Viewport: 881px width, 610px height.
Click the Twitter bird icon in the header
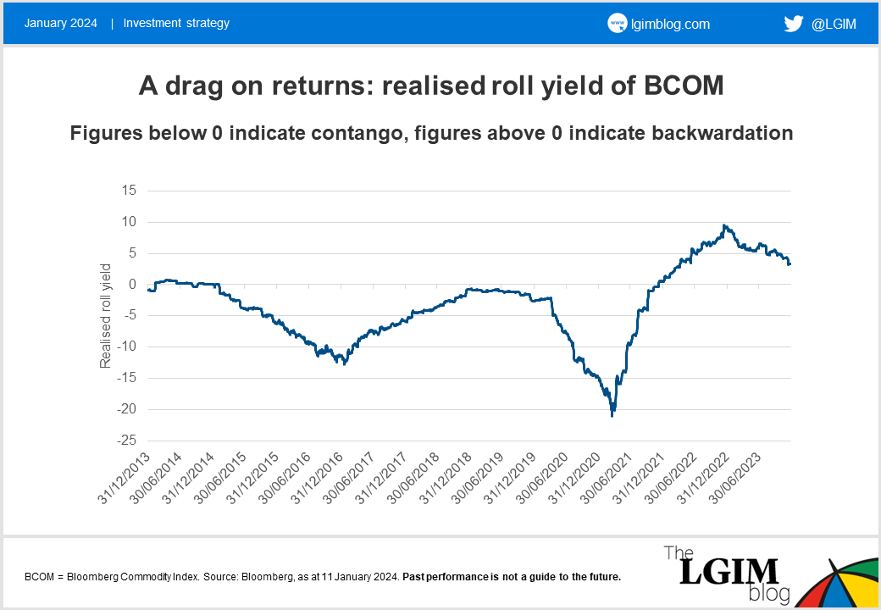[x=793, y=24]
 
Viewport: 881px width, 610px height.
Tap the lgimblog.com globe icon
[x=617, y=24]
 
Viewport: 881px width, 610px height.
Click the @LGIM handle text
[x=834, y=25]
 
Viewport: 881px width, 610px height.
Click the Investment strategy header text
[x=176, y=23]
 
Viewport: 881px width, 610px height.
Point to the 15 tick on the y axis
[x=130, y=191]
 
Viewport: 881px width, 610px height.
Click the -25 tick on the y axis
[x=126, y=441]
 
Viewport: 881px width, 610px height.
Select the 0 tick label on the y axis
[x=133, y=285]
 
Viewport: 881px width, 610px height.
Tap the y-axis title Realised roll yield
[x=106, y=316]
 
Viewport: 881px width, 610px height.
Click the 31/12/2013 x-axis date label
[x=125, y=479]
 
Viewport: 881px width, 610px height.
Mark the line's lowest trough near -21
[x=612, y=415]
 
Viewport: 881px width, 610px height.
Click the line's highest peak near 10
[x=723, y=225]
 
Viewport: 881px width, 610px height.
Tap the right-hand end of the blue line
[x=790, y=264]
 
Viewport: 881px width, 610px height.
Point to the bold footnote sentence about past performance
[x=512, y=577]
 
